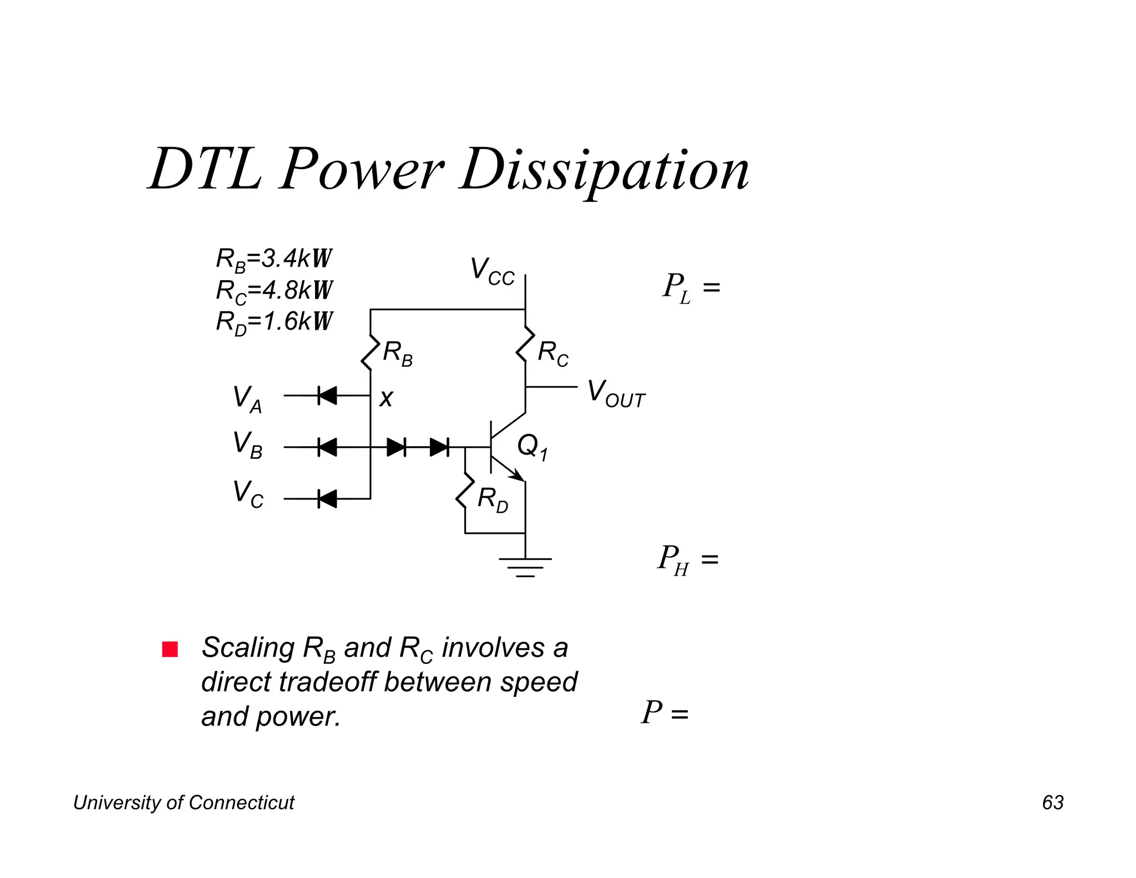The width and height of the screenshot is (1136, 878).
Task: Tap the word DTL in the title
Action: (205, 169)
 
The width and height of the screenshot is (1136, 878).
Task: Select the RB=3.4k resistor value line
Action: (274, 259)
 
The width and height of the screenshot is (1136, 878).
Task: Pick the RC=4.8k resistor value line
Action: (274, 290)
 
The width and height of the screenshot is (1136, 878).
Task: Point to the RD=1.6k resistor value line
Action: (274, 322)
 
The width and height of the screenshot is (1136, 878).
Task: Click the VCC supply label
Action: (492, 271)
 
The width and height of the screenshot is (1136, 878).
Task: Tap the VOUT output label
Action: (616, 393)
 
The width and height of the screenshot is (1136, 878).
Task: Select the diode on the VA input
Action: (327, 396)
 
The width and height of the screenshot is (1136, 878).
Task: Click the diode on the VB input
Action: (327, 447)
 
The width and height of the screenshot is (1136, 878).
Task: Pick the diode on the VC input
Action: (327, 499)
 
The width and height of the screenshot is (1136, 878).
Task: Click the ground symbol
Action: (525, 566)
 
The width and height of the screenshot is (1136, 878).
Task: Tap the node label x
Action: (386, 398)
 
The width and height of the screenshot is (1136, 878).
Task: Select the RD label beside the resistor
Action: (493, 499)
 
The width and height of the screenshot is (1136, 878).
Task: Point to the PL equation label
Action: (691, 287)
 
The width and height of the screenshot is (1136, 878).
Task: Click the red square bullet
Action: (170, 649)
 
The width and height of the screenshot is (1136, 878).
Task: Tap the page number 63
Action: (1052, 803)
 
